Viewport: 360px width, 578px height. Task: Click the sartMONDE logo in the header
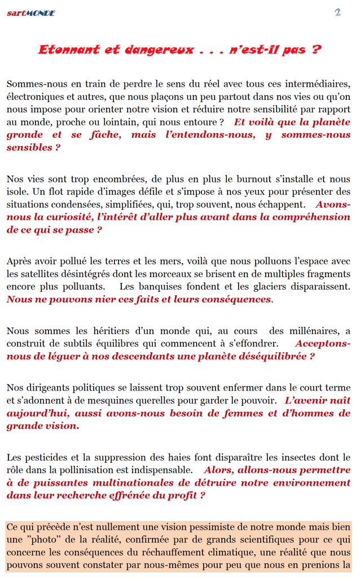click(x=31, y=13)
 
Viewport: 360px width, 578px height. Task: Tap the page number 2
click(x=337, y=12)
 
